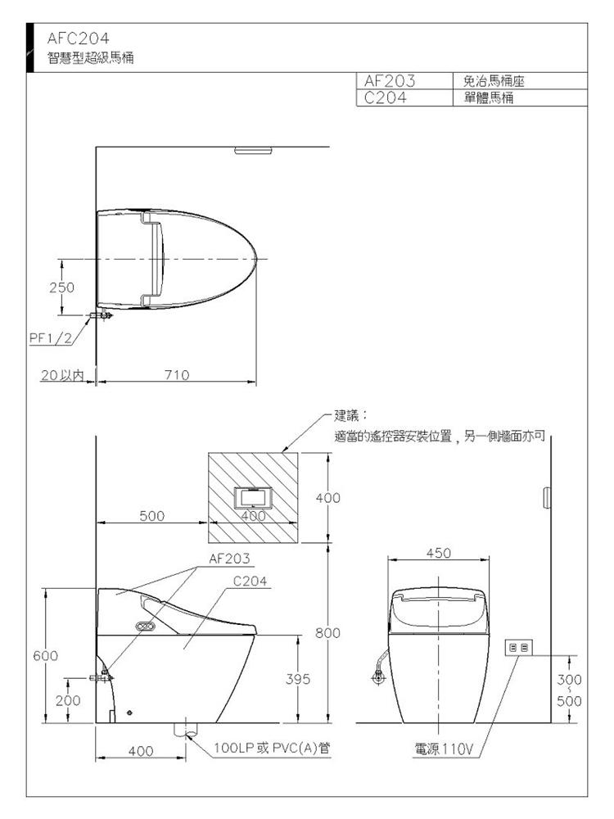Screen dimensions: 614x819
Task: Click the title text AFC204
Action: pyautogui.click(x=78, y=38)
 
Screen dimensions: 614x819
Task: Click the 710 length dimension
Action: pyautogui.click(x=177, y=374)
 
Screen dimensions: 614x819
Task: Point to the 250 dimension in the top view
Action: pyautogui.click(x=61, y=287)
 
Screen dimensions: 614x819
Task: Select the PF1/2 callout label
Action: pyautogui.click(x=50, y=338)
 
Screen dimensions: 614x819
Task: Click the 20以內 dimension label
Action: pyautogui.click(x=62, y=374)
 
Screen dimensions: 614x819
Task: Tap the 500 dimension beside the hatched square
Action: pyautogui.click(x=152, y=515)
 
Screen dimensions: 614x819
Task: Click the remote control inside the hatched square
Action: pyautogui.click(x=253, y=498)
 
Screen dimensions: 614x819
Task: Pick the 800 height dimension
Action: pyautogui.click(x=327, y=633)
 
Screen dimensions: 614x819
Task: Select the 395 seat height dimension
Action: pyautogui.click(x=298, y=679)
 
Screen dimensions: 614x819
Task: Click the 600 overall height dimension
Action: pyautogui.click(x=45, y=655)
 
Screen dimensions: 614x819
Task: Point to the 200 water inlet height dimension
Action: pyautogui.click(x=68, y=700)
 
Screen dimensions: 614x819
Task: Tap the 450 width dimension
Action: pyautogui.click(x=438, y=553)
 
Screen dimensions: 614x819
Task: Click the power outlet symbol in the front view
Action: pyautogui.click(x=519, y=648)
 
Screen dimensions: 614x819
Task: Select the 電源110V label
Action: pyautogui.click(x=444, y=749)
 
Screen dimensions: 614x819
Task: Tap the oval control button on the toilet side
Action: pyautogui.click(x=145, y=626)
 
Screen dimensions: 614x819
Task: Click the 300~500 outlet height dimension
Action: pyautogui.click(x=569, y=690)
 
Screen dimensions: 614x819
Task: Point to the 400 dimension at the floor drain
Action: pyautogui.click(x=141, y=751)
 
